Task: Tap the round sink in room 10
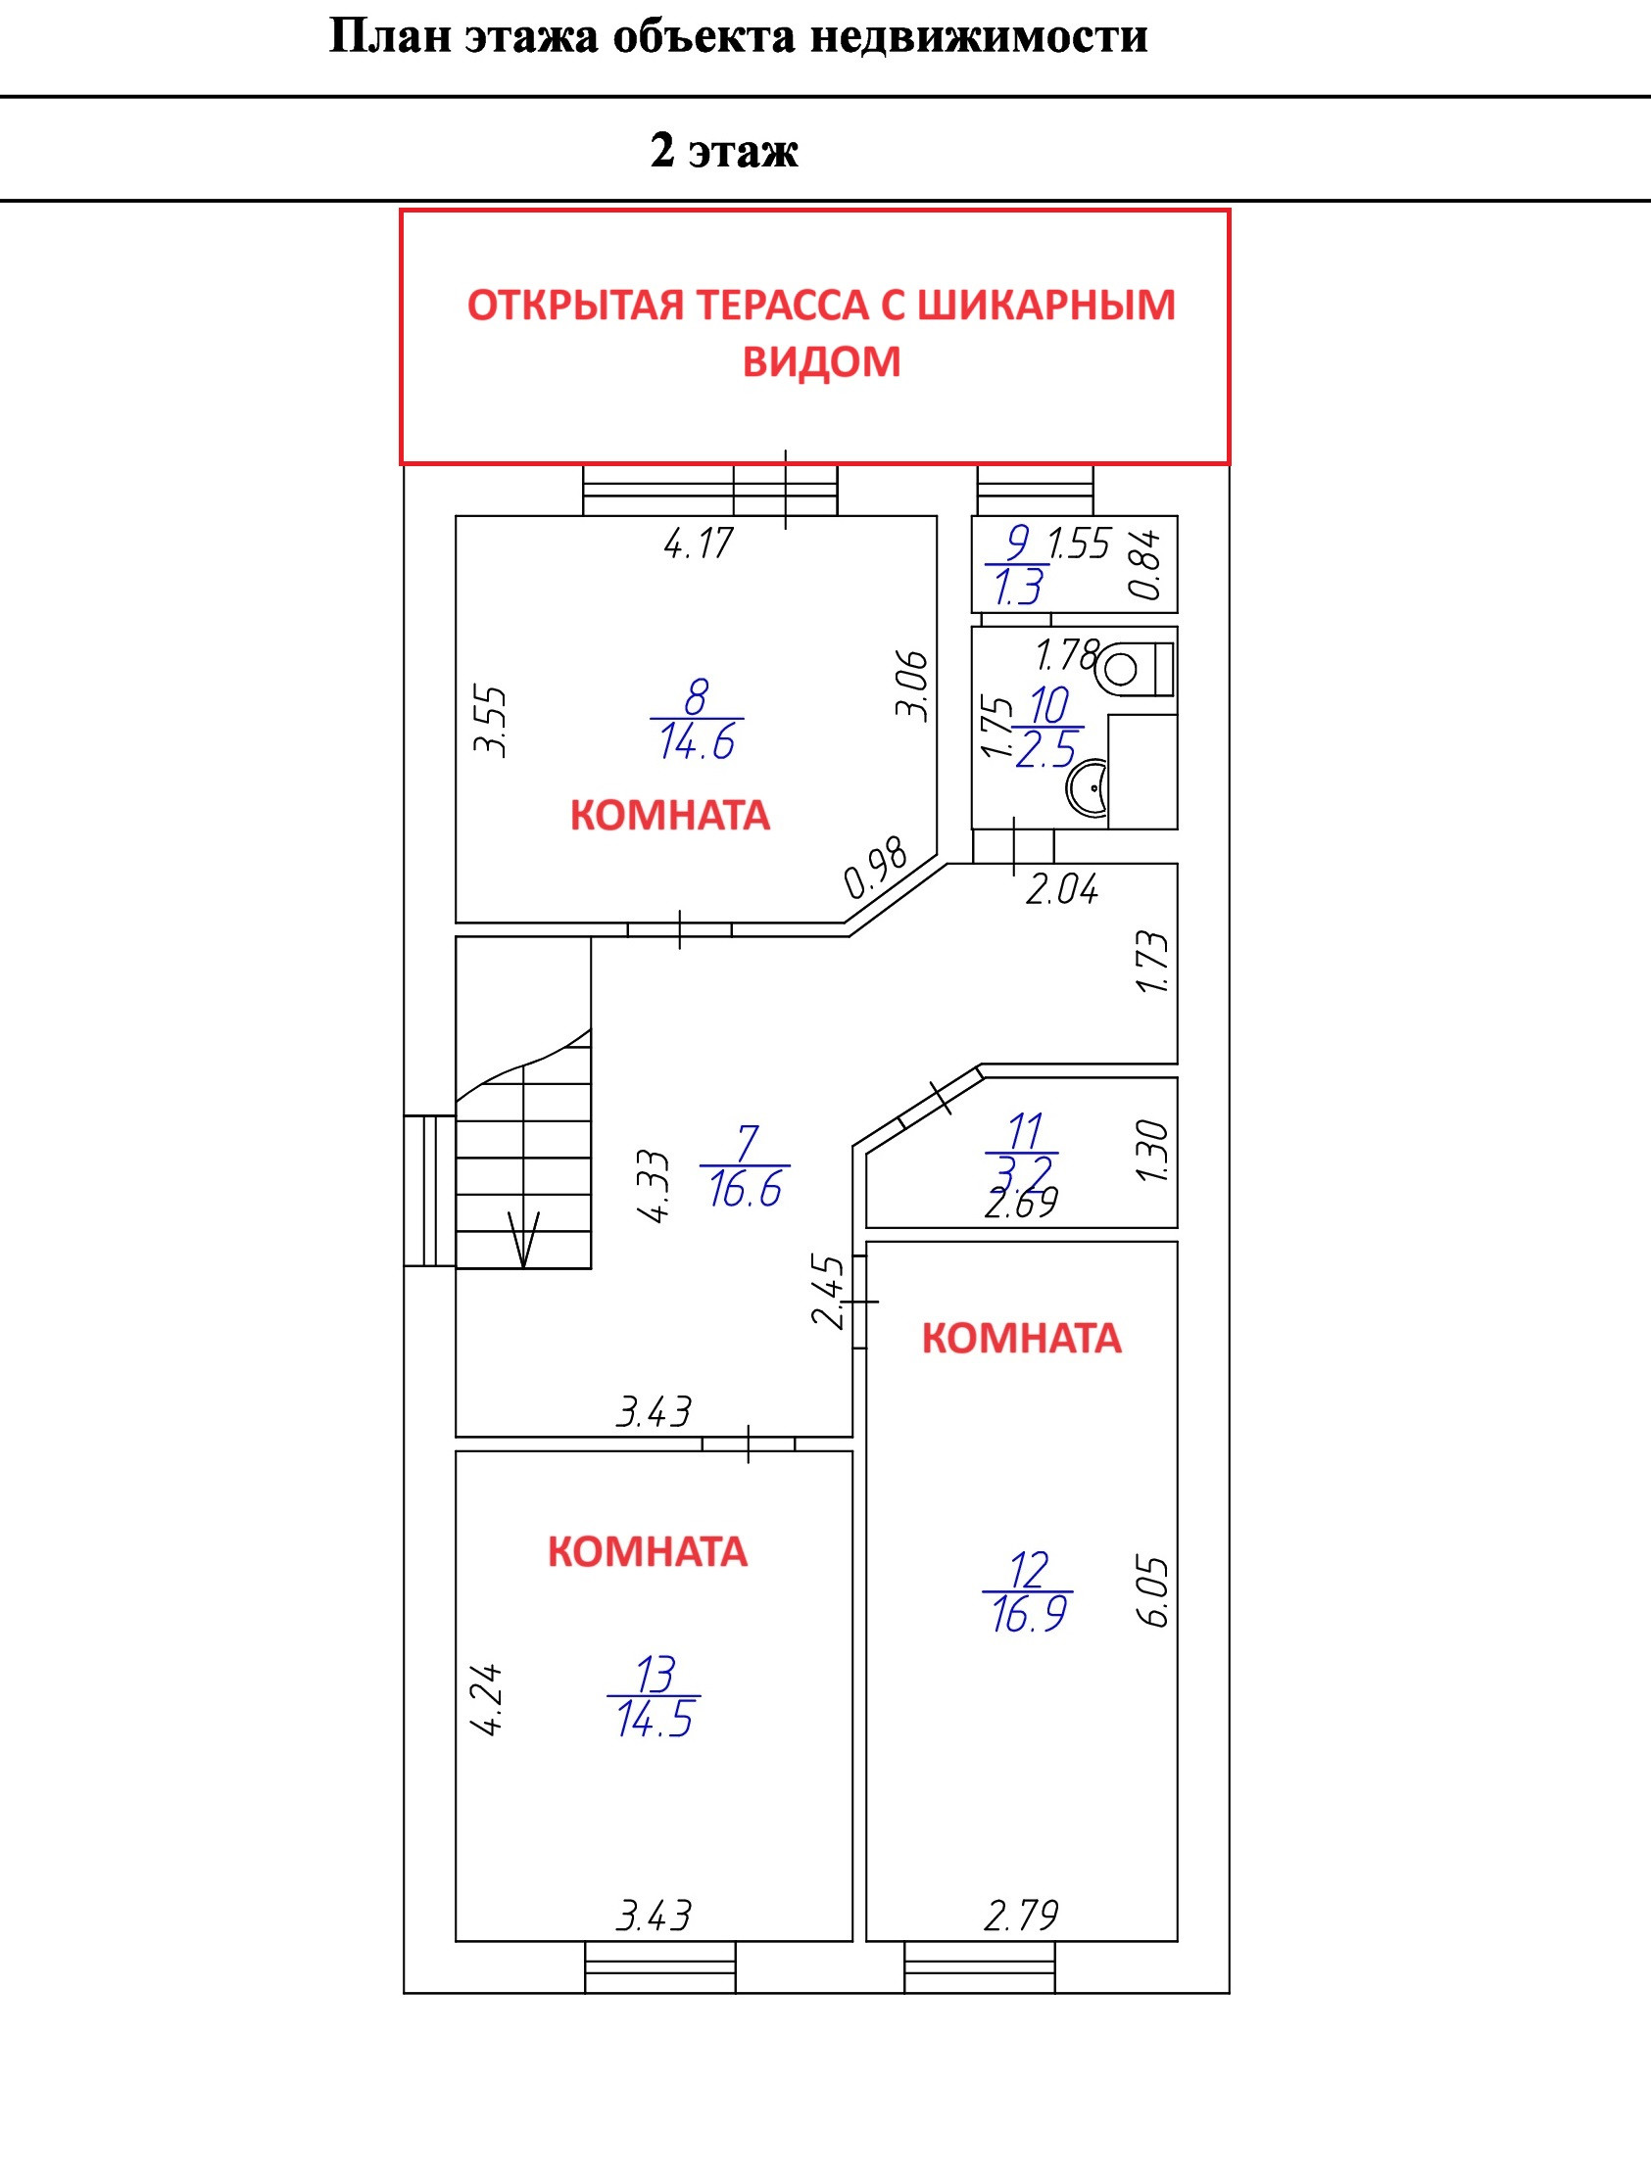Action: click(x=1089, y=787)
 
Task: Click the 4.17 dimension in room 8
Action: click(x=699, y=544)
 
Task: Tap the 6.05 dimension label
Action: click(x=1154, y=1592)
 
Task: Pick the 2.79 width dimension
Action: click(x=1021, y=1916)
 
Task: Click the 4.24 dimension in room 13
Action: click(x=487, y=1699)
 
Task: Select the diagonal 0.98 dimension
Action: click(x=876, y=867)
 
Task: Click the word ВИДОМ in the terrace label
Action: click(x=821, y=361)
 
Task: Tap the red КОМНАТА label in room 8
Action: click(x=670, y=815)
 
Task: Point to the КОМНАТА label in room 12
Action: click(x=1022, y=1338)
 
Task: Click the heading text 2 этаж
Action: click(x=724, y=151)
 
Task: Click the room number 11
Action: click(x=1025, y=1131)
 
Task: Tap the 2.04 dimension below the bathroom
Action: click(x=1061, y=890)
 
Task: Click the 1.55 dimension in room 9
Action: click(x=1080, y=544)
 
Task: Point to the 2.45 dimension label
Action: click(x=829, y=1291)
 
